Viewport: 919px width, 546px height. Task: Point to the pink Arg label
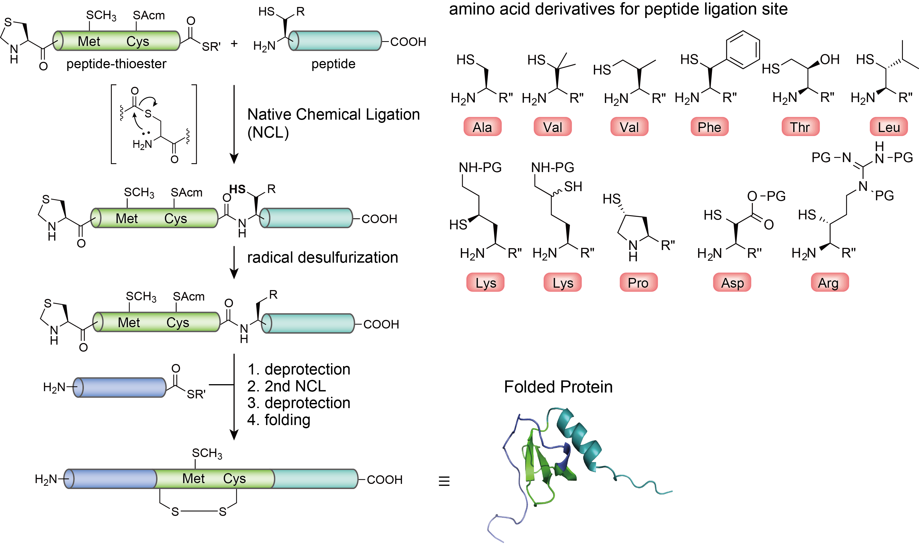point(830,283)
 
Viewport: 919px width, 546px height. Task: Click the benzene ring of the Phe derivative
point(742,50)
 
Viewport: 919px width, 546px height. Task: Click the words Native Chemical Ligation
point(333,115)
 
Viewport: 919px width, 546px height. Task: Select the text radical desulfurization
point(322,258)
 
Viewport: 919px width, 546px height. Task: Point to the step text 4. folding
point(279,420)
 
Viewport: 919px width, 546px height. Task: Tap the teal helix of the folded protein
point(579,438)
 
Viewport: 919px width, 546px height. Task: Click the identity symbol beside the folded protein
point(444,481)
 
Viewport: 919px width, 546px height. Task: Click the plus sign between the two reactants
point(234,44)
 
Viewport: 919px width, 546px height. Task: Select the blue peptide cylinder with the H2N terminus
point(120,387)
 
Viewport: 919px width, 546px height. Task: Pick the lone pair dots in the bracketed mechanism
point(146,133)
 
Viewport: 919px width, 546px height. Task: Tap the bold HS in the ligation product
point(237,190)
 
